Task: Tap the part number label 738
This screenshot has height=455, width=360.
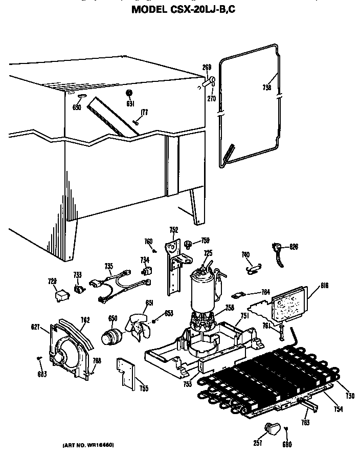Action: pos(266,88)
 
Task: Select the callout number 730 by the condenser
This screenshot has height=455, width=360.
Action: pos(349,396)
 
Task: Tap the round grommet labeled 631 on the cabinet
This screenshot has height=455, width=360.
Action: pos(129,93)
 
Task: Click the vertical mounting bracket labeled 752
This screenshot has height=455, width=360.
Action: pos(173,266)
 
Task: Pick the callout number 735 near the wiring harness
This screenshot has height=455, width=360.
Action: pos(108,266)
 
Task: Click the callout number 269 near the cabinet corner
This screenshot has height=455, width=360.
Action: pos(207,68)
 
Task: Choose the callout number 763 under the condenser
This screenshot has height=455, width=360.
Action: pos(305,422)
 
